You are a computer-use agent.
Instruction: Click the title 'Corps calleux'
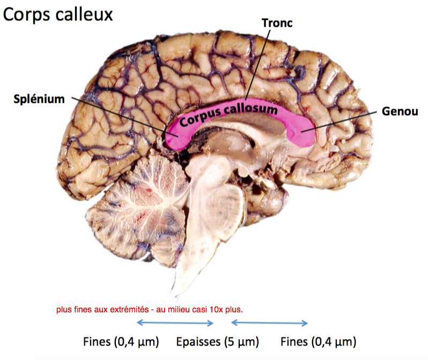(x=58, y=14)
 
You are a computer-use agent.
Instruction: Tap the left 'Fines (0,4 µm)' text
(x=121, y=342)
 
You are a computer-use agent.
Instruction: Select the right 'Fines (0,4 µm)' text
(x=319, y=342)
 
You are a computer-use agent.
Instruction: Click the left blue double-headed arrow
(x=175, y=322)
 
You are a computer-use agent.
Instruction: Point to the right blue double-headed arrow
(x=269, y=322)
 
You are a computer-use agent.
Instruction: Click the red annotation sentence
(x=150, y=310)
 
